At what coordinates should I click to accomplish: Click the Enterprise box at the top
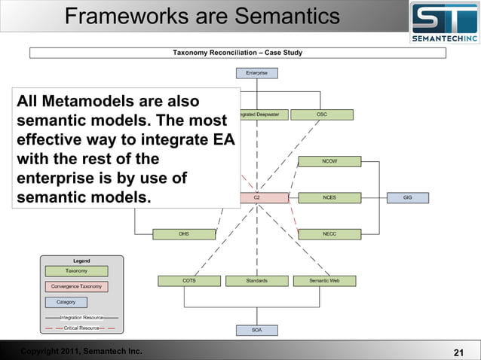[x=256, y=73]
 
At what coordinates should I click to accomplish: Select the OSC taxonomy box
[x=322, y=114]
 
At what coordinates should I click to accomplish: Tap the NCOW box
[x=329, y=161]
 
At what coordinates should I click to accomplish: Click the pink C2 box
[x=257, y=197]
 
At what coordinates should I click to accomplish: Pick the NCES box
[x=329, y=197]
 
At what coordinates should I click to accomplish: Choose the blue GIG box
[x=408, y=197]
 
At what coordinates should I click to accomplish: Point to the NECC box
[x=329, y=234]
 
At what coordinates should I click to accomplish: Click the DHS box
[x=184, y=234]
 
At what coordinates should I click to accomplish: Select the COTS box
[x=189, y=281]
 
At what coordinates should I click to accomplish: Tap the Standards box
[x=256, y=281]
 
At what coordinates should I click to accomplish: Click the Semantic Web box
[x=324, y=281]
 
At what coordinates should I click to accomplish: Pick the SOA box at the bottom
[x=256, y=330]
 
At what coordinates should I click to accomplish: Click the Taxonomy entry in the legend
[x=76, y=270]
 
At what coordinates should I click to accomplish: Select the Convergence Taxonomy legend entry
[x=76, y=286]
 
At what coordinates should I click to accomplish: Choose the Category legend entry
[x=66, y=302]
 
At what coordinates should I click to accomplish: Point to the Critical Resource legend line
[x=79, y=328]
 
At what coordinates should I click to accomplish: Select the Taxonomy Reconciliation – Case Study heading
[x=237, y=53]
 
